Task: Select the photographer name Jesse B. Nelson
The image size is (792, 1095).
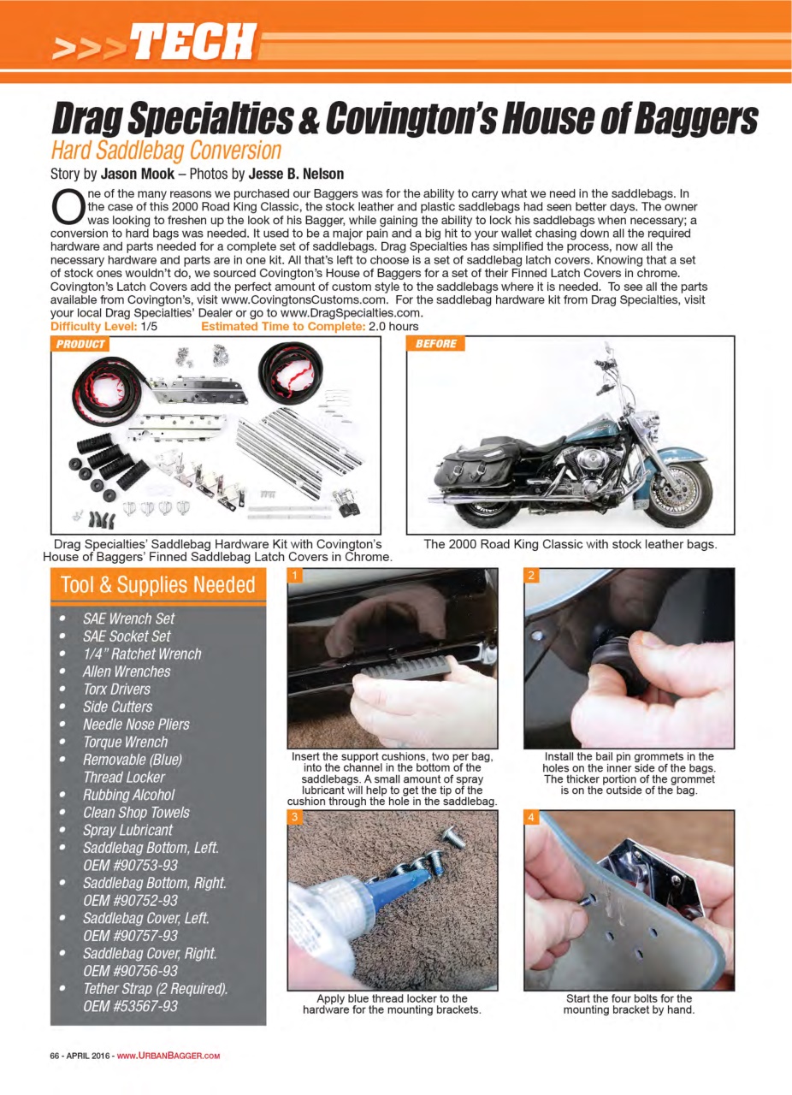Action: pos(296,174)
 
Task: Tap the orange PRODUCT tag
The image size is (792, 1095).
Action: pos(80,344)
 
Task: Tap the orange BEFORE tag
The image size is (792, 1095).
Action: pos(436,344)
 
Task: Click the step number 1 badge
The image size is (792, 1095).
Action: pos(295,576)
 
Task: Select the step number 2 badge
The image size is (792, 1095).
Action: pos(531,576)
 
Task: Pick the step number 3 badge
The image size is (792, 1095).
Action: pos(295,818)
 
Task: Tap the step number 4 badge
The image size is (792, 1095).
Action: pos(531,818)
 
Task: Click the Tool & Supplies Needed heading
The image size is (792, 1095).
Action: pos(158,585)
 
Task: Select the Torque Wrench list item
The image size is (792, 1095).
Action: pos(125,742)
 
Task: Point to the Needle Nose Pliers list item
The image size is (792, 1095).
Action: pos(136,724)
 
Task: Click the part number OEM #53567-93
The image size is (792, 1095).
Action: pos(130,1006)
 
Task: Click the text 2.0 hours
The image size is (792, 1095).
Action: pos(393,326)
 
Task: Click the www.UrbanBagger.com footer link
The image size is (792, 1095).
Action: pos(168,1056)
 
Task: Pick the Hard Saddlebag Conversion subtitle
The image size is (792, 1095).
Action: pos(166,151)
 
